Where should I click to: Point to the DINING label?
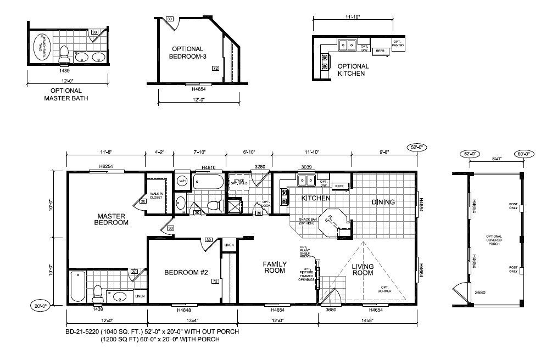383,202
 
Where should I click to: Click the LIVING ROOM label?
363,270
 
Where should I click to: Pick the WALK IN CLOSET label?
155,195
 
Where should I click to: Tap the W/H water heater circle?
182,181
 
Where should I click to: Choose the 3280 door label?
259,166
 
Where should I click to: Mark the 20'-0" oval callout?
41,306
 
